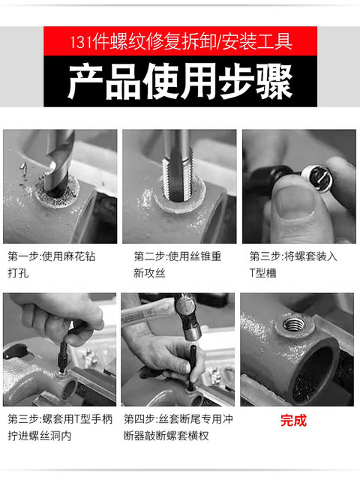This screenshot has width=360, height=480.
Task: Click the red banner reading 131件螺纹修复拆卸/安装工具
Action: (x=180, y=39)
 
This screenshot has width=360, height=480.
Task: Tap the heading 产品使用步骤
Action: (x=180, y=81)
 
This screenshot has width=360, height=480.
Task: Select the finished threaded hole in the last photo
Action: (x=293, y=324)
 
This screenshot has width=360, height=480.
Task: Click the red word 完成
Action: (x=293, y=420)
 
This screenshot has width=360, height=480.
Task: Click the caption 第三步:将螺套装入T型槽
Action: (x=293, y=265)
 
